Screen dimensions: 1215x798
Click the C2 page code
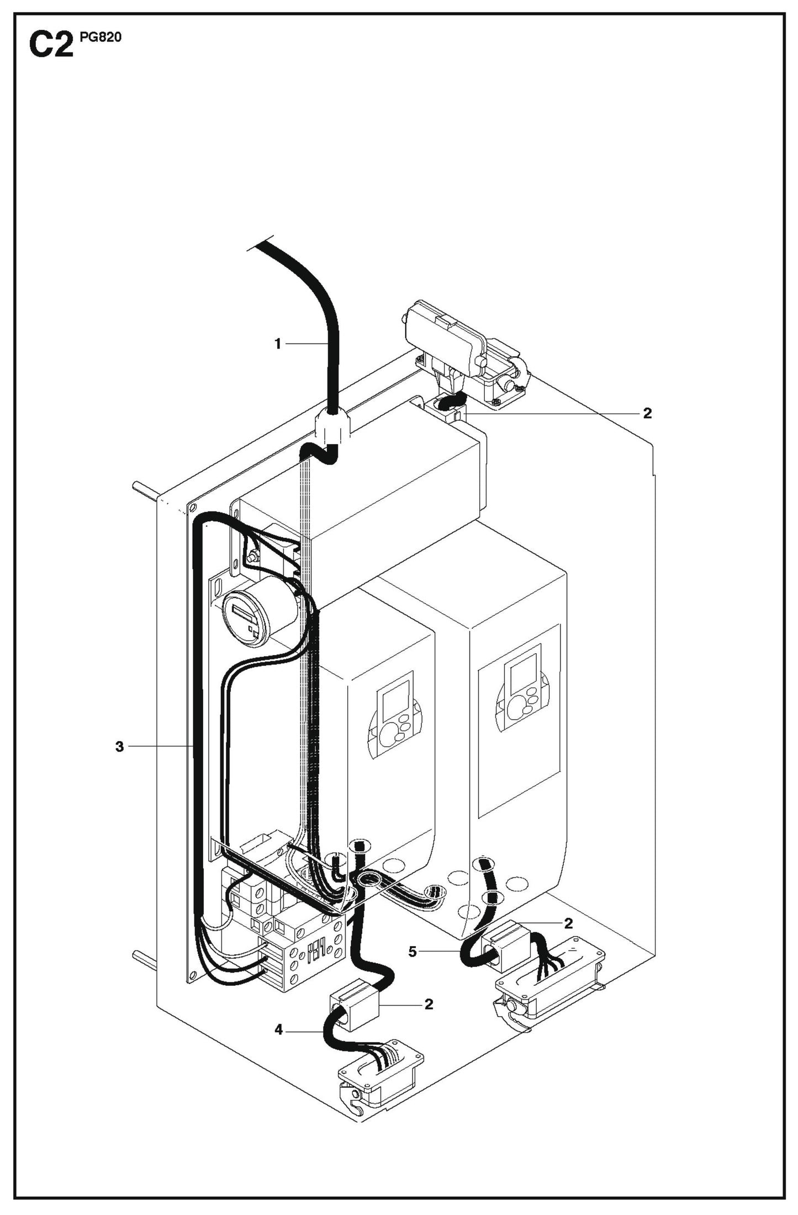[x=50, y=45]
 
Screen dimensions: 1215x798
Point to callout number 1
[x=278, y=344]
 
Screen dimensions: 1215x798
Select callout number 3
[x=119, y=747]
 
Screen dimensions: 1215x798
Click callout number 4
[x=278, y=1029]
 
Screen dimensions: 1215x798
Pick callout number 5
[x=413, y=952]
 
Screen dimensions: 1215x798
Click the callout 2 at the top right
[x=647, y=413]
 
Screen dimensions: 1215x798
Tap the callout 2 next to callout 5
[x=568, y=923]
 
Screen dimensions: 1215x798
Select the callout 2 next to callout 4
[x=429, y=1004]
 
